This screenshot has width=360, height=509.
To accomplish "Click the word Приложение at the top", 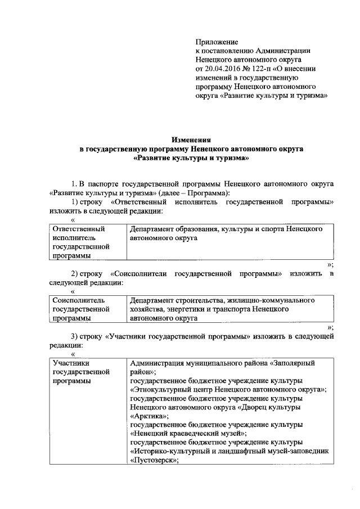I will click(x=217, y=42).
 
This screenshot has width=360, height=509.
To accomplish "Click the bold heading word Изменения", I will click(x=191, y=141).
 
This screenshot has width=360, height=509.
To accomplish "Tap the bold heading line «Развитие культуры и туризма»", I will click(x=191, y=159).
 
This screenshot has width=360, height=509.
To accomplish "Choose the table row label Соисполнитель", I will click(x=78, y=300).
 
